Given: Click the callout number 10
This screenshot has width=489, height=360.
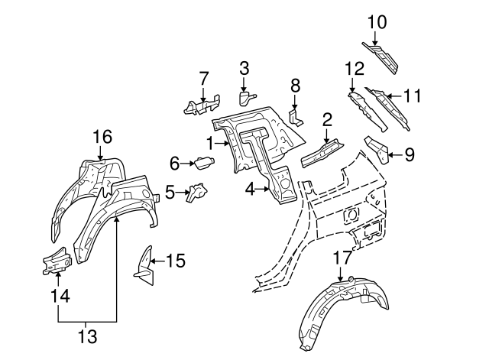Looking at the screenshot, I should pyautogui.click(x=377, y=22).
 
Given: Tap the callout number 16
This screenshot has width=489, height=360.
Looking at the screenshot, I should pyautogui.click(x=102, y=138).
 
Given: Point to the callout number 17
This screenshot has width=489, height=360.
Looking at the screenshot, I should pyautogui.click(x=342, y=258).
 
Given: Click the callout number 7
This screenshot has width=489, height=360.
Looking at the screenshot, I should pyautogui.click(x=204, y=78).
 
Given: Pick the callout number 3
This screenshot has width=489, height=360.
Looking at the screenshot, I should pyautogui.click(x=244, y=69).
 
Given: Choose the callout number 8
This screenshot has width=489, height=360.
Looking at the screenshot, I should pyautogui.click(x=295, y=85).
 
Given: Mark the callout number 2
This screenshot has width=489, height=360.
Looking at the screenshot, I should pyautogui.click(x=326, y=119).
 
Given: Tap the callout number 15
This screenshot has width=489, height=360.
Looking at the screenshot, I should pyautogui.click(x=175, y=261).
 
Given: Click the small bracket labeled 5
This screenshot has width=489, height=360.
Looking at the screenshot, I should pyautogui.click(x=198, y=192).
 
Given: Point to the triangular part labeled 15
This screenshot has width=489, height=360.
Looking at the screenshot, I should pyautogui.click(x=143, y=261).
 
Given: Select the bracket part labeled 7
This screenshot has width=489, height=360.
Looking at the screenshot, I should pyautogui.click(x=200, y=105).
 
